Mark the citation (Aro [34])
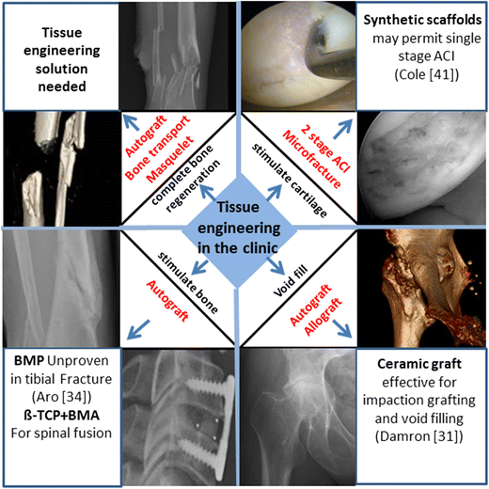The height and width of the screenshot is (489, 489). click(59, 400)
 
